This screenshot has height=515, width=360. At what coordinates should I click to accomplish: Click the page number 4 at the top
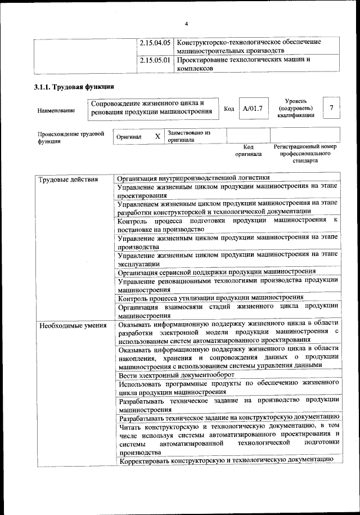(x=186, y=23)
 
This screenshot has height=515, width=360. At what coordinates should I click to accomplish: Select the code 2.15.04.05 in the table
(x=155, y=42)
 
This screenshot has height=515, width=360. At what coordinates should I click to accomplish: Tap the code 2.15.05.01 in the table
(x=155, y=59)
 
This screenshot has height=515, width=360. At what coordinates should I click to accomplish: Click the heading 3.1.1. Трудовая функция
(x=74, y=87)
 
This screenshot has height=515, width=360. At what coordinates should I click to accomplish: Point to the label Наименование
(x=56, y=110)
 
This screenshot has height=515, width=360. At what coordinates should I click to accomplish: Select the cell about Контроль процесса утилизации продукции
(x=211, y=297)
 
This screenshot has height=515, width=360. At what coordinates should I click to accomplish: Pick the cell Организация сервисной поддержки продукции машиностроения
(x=217, y=271)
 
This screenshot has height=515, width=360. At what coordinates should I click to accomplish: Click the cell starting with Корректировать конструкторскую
(x=223, y=460)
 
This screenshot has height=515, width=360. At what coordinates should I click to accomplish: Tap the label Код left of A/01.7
(x=228, y=108)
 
